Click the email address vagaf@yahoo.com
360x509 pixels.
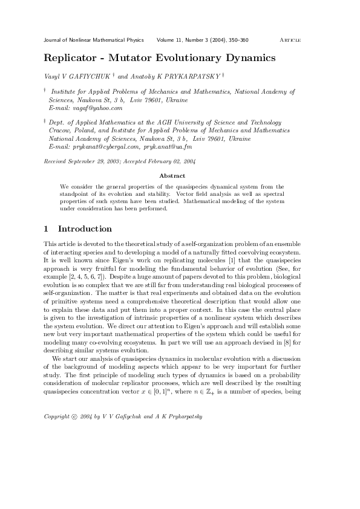click(x=96, y=108)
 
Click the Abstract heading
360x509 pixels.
click(x=172, y=176)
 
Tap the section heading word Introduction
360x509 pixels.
click(x=85, y=229)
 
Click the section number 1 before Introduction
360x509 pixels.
click(x=47, y=229)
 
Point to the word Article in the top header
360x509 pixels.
click(x=290, y=41)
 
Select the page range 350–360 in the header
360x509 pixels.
click(x=237, y=41)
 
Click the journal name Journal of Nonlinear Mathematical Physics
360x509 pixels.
click(x=94, y=41)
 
